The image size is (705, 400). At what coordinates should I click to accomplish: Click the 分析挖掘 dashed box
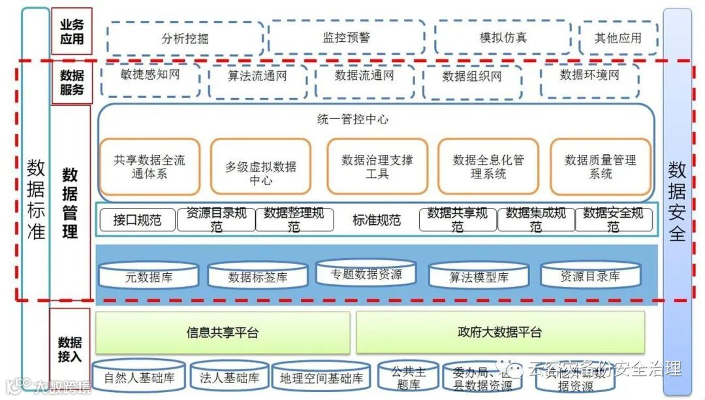(x=185, y=38)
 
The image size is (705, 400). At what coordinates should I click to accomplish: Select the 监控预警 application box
(x=347, y=37)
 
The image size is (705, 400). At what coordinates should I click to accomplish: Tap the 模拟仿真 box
(x=503, y=37)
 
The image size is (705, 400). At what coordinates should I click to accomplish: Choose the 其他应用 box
(x=618, y=38)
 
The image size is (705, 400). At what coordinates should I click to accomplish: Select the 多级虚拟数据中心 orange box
(x=260, y=167)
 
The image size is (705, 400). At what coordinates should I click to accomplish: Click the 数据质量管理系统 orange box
(x=600, y=167)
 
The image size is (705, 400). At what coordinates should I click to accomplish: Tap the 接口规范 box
(x=137, y=220)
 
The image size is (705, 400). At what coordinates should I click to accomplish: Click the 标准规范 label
(x=376, y=220)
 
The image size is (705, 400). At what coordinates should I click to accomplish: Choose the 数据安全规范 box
(x=613, y=220)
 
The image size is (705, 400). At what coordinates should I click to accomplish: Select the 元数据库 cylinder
(x=149, y=276)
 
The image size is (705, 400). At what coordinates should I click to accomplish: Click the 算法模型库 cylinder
(x=478, y=276)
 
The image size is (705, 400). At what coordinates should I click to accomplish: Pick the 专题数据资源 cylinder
(x=366, y=274)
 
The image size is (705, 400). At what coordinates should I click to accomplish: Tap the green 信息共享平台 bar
(x=223, y=333)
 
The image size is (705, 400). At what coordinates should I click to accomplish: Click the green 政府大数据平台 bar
(x=500, y=333)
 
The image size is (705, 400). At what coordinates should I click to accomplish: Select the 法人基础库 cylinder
(x=230, y=378)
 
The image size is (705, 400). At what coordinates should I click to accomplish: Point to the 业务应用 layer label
(x=72, y=31)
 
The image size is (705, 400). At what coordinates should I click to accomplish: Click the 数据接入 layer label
(x=70, y=350)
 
